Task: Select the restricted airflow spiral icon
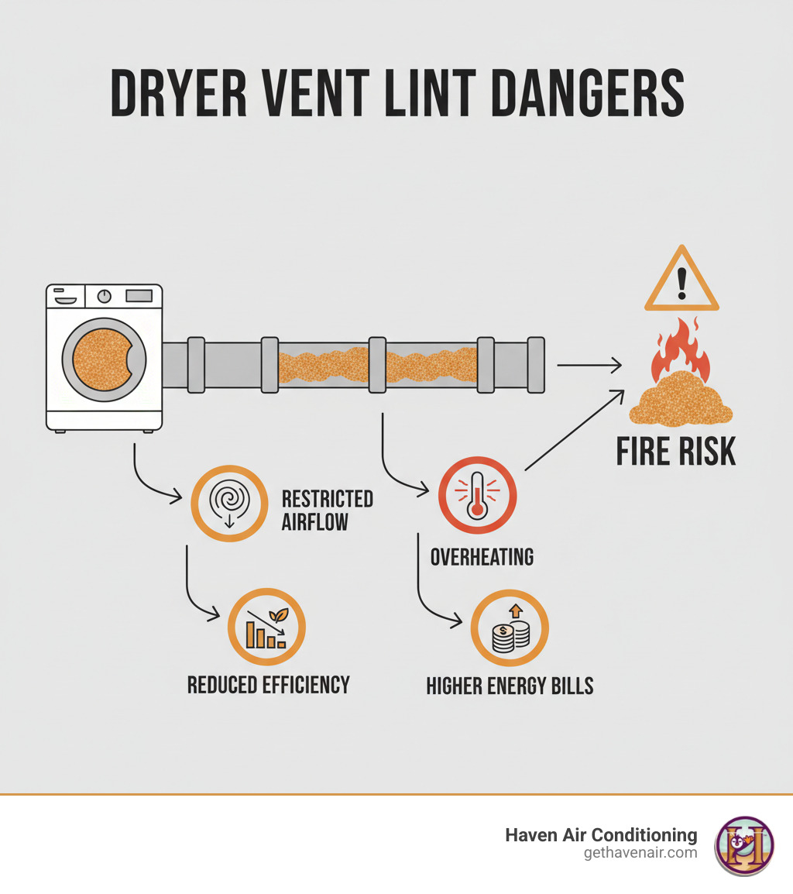click(229, 503)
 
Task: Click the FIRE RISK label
click(676, 452)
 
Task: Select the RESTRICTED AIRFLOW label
click(327, 510)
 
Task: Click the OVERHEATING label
click(482, 556)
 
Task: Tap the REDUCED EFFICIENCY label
click(269, 685)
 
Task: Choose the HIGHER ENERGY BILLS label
click(510, 686)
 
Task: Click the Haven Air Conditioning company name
click(601, 835)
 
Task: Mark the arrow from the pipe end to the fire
click(589, 364)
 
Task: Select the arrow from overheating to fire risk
click(575, 430)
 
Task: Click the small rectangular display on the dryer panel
click(138, 295)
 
